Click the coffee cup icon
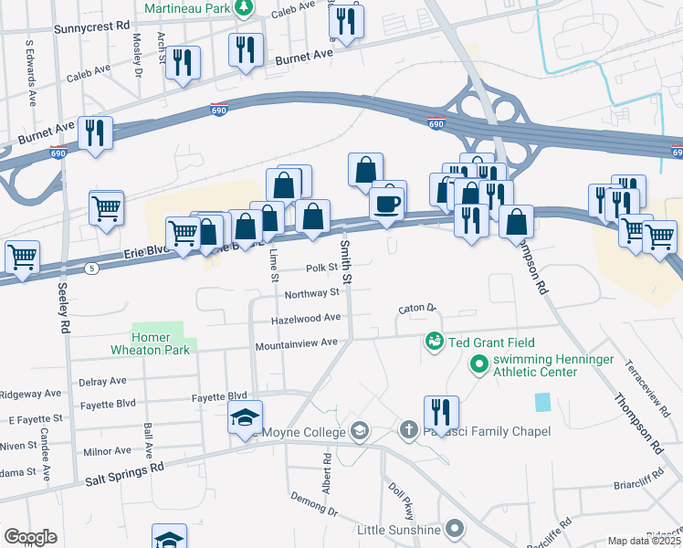click(388, 203)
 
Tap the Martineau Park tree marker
click(242, 9)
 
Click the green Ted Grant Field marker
click(434, 341)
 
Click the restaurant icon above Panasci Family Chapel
click(441, 413)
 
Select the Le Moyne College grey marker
click(361, 431)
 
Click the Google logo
click(30, 537)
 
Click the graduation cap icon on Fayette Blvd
click(245, 417)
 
